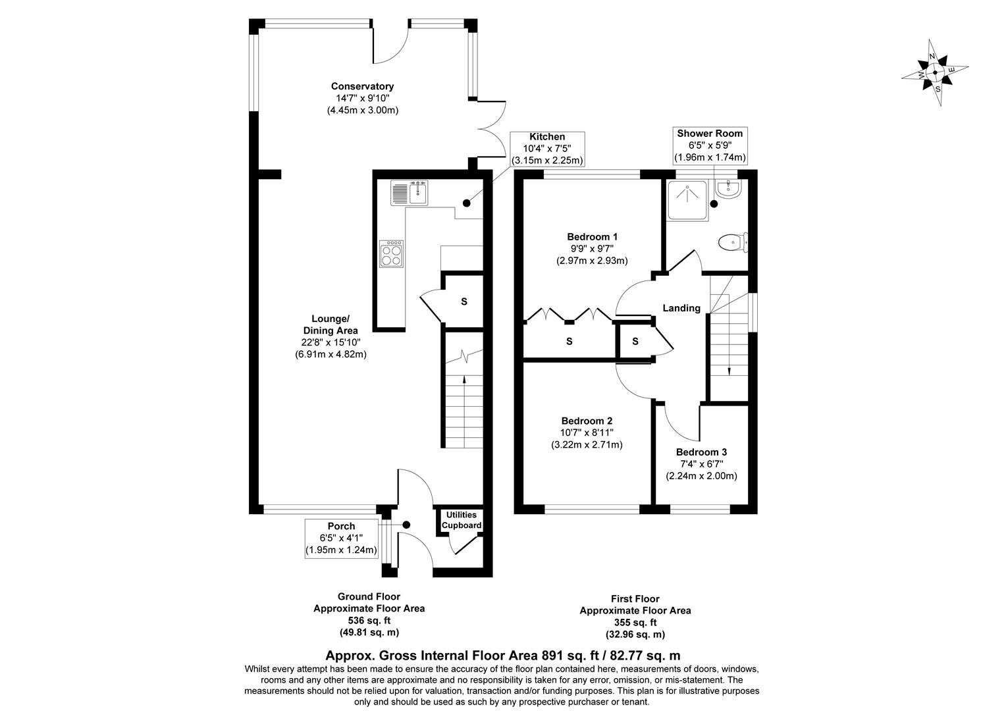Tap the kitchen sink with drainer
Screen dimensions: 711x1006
click(409, 193)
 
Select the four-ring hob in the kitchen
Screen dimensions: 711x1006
click(392, 254)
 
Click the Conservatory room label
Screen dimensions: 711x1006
click(362, 86)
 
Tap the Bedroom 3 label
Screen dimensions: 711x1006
click(701, 452)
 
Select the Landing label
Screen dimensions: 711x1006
click(681, 308)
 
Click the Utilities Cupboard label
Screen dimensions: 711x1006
click(461, 520)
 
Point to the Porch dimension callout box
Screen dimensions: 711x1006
click(341, 538)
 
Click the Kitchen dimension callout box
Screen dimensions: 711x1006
click(547, 149)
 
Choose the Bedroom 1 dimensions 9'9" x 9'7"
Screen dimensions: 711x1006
click(592, 248)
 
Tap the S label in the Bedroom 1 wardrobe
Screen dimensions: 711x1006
click(569, 342)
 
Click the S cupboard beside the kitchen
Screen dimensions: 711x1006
click(463, 302)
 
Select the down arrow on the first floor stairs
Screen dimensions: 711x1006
click(729, 370)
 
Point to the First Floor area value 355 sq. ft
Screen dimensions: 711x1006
click(635, 622)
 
